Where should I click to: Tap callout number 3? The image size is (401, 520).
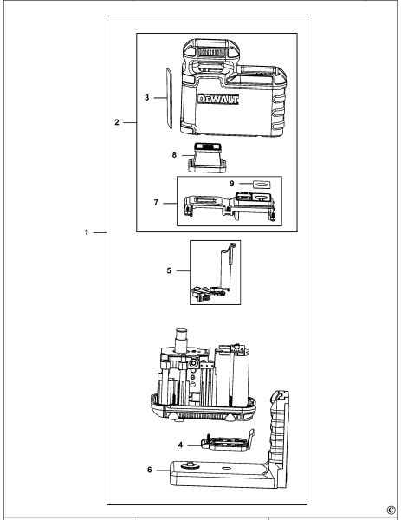(146, 99)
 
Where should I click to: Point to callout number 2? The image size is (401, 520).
(117, 122)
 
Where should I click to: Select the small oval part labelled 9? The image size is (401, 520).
(260, 184)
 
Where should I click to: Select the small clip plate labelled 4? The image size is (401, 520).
(221, 442)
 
